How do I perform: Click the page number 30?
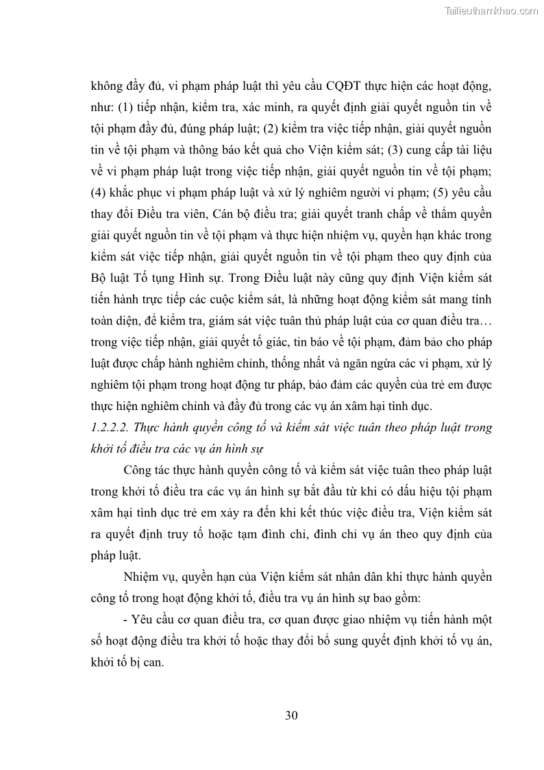tap(290, 716)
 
